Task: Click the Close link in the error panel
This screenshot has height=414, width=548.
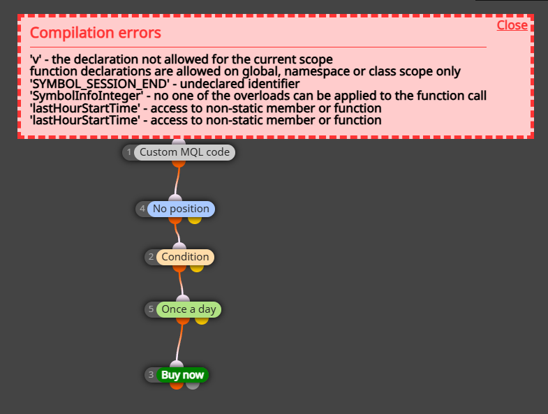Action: (x=512, y=25)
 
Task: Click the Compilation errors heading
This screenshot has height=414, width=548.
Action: (x=96, y=33)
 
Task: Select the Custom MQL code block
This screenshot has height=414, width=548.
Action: (x=184, y=152)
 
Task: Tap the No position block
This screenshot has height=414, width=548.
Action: (x=181, y=209)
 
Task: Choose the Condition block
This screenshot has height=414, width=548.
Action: (x=185, y=257)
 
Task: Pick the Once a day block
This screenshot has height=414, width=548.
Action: (x=188, y=309)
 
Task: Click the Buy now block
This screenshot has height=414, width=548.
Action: (x=182, y=375)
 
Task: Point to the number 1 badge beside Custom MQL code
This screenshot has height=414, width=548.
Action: (x=129, y=152)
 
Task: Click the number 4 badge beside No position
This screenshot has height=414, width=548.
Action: (x=142, y=209)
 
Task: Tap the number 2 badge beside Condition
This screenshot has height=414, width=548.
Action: (x=151, y=257)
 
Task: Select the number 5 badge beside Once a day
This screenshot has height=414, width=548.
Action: (x=151, y=309)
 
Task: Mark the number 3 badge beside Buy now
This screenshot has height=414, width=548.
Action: (x=151, y=374)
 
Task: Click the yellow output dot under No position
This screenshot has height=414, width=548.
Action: (x=195, y=220)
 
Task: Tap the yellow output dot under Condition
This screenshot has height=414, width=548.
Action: (x=197, y=268)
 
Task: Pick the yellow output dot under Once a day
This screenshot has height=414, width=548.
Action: (x=202, y=320)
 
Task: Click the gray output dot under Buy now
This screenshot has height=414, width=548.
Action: (x=193, y=385)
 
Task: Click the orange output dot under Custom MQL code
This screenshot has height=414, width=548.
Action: (x=179, y=163)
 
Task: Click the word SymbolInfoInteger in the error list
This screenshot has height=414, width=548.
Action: (x=87, y=96)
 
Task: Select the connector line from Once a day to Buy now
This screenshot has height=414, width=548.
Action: (x=179, y=343)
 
